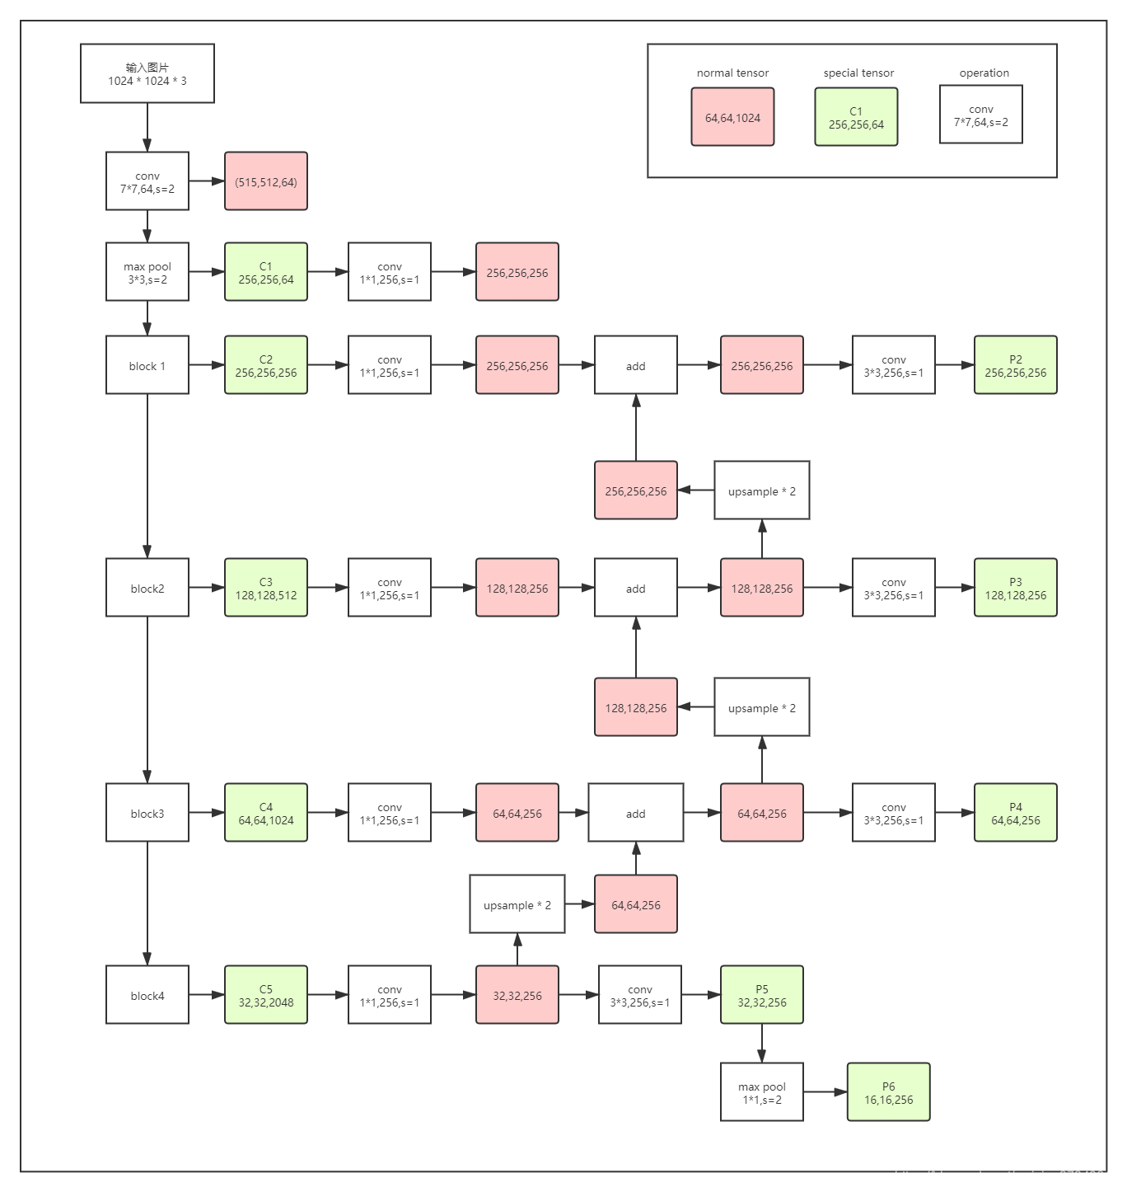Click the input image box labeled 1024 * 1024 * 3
pyautogui.click(x=147, y=73)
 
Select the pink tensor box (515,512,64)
pyautogui.click(x=266, y=181)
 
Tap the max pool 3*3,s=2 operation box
pyautogui.click(x=147, y=272)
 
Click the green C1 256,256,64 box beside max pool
pyautogui.click(x=266, y=272)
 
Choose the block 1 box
pyautogui.click(x=147, y=365)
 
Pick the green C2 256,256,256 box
pyautogui.click(x=266, y=365)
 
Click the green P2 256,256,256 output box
pyautogui.click(x=1015, y=365)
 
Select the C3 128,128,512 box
pyautogui.click(x=266, y=588)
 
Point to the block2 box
pyautogui.click(x=147, y=588)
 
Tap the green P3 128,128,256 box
pyautogui.click(x=1015, y=588)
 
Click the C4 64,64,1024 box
pyautogui.click(x=266, y=813)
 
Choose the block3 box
pyautogui.click(x=147, y=813)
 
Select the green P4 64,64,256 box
pyautogui.click(x=1015, y=813)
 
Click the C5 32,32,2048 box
pyautogui.click(x=266, y=995)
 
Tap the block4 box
pyautogui.click(x=147, y=995)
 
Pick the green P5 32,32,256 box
pyautogui.click(x=762, y=995)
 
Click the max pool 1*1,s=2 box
pyautogui.click(x=762, y=1092)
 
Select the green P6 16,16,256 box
pyautogui.click(x=888, y=1092)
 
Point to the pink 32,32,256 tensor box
pyautogui.click(x=517, y=995)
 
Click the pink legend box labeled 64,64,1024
pyautogui.click(x=732, y=117)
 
